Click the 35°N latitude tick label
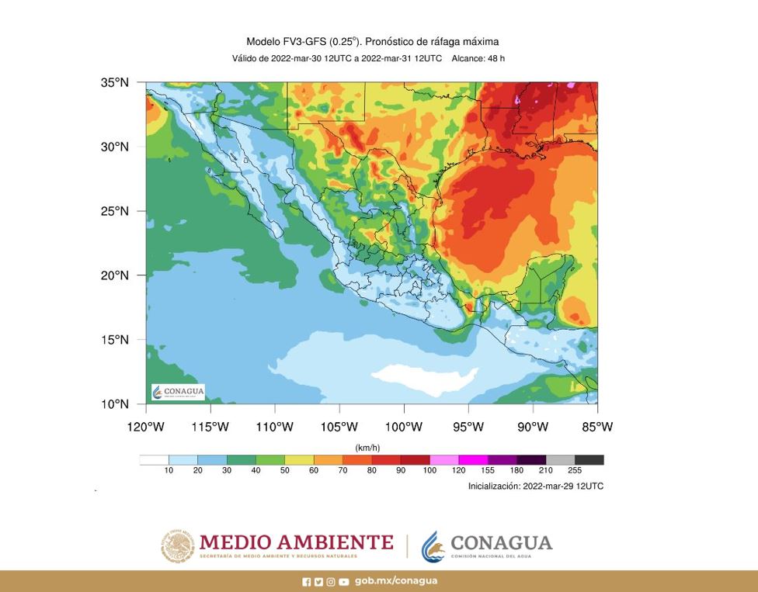[x=114, y=83]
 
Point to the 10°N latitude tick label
[x=114, y=404]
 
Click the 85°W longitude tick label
[x=596, y=427]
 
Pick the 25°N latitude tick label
[x=114, y=211]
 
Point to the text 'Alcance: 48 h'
[x=478, y=58]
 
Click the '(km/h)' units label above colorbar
[x=367, y=448]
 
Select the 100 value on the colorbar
[x=429, y=471]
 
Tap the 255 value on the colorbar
[x=575, y=471]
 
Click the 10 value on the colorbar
[x=169, y=471]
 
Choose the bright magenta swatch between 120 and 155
[x=473, y=460]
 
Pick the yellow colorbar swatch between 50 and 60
[x=299, y=460]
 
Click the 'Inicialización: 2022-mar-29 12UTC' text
[x=535, y=486]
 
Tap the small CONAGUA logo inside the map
[x=178, y=392]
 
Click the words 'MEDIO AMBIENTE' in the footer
[x=296, y=542]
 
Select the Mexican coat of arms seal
[x=178, y=545]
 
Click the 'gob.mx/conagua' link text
[x=395, y=581]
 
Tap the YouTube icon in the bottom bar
[x=343, y=581]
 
